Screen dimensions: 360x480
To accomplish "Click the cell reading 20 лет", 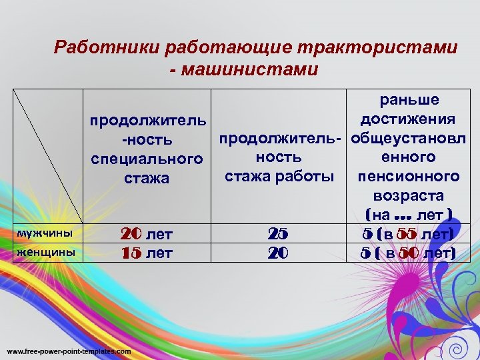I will (x=146, y=235).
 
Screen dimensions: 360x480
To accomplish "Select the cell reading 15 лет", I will (x=146, y=253).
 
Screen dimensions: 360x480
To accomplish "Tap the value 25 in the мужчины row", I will (x=278, y=235).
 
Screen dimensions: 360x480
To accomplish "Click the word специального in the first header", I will (x=146, y=159).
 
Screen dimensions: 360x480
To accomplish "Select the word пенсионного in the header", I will (x=409, y=177).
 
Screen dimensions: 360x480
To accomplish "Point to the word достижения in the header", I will (x=407, y=119).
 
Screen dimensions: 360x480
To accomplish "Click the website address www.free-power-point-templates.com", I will (x=69, y=351).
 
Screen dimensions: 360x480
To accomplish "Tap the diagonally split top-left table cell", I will (x=47, y=157).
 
